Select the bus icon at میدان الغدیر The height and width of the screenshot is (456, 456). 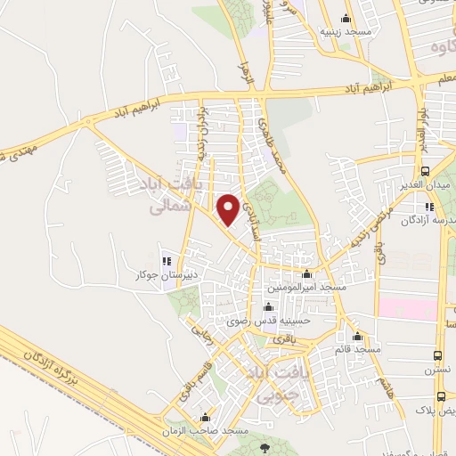coord(426,172)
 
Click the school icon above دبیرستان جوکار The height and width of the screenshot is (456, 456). coord(166,261)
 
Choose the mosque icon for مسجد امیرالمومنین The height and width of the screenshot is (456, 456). coord(307,274)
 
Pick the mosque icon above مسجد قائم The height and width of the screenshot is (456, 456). coord(358,337)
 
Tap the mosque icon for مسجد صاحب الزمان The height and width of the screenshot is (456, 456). coord(206,417)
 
